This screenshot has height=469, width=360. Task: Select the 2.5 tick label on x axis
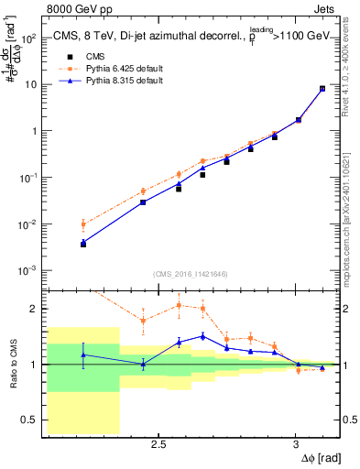pos(158,443)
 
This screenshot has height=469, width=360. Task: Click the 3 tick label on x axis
pos(296,443)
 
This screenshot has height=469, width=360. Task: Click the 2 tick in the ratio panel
pos(36,309)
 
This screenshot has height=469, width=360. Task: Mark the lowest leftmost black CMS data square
pos(83,245)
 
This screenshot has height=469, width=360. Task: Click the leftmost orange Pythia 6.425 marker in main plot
pos(83,224)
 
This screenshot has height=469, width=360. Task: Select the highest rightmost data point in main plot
pos(322,89)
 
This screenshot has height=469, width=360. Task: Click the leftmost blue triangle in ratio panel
pos(83,354)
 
